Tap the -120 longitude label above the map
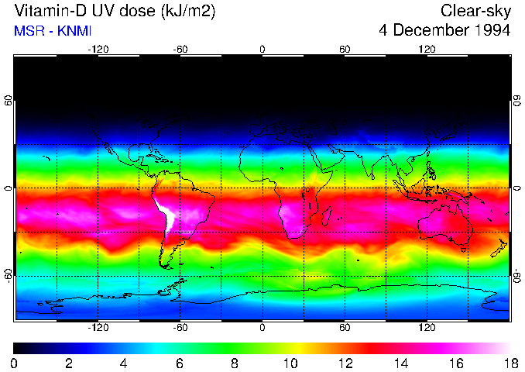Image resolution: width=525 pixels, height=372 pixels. pyautogui.click(x=98, y=49)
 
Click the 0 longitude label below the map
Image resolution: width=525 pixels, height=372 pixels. pyautogui.click(x=262, y=328)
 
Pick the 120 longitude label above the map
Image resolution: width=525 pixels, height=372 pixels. pyautogui.click(x=427, y=49)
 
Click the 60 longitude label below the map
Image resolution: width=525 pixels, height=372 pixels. pyautogui.click(x=345, y=328)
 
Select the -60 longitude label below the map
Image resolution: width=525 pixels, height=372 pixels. pyautogui.click(x=180, y=328)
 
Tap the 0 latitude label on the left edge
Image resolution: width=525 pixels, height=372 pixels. pyautogui.click(x=8, y=188)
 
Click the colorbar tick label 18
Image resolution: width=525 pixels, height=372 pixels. pyautogui.click(x=510, y=363)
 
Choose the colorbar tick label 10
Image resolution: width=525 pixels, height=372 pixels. pyautogui.click(x=290, y=363)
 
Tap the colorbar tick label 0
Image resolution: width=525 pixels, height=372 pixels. pyautogui.click(x=15, y=363)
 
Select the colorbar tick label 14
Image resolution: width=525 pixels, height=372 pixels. pyautogui.click(x=400, y=363)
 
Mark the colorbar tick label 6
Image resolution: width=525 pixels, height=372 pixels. pyautogui.click(x=180, y=363)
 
